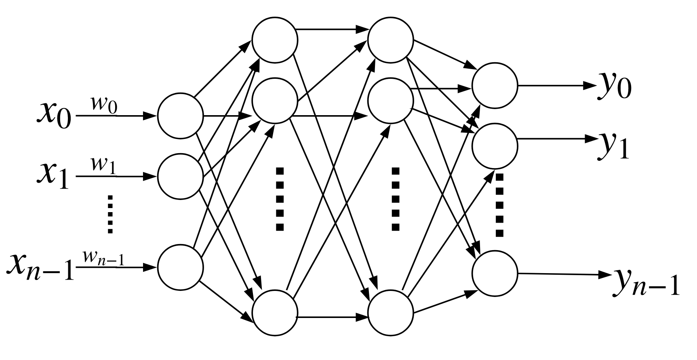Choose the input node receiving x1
pyautogui.click(x=180, y=177)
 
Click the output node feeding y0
pyautogui.click(x=495, y=86)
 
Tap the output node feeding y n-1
pyautogui.click(x=495, y=274)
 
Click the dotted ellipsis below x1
pyautogui.click(x=109, y=214)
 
